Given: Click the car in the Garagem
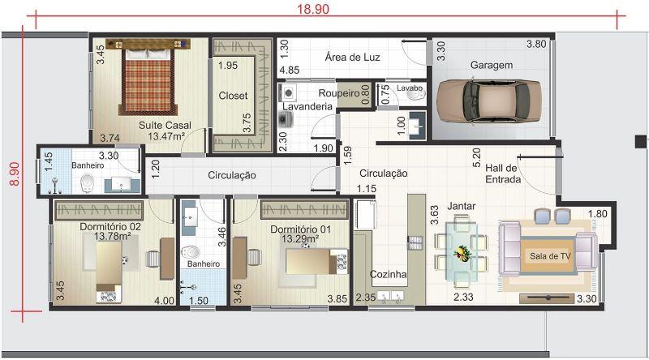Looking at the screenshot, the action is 489,101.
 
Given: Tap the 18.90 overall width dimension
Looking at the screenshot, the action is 313,9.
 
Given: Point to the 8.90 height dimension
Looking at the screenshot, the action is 15,174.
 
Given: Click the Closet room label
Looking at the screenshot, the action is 233,96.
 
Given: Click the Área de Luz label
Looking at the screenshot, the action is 352,57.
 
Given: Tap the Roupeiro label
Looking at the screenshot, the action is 339,93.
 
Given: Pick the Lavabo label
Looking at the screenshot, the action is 410,88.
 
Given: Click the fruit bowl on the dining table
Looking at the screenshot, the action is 462,252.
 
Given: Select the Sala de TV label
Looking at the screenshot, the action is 550,256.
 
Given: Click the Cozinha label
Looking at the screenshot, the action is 388,274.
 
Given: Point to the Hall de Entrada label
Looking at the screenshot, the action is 502,174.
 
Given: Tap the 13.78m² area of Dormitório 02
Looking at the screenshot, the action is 113,237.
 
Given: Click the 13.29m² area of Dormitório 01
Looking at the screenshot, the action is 300,238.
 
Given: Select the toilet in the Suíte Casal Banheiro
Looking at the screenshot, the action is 87,183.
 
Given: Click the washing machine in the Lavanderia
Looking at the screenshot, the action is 287,92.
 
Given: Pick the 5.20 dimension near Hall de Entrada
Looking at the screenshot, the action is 476,157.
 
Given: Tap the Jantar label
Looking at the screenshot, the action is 462,206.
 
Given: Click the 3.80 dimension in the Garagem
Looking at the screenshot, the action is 536,44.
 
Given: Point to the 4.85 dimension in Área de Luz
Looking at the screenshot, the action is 290,70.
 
